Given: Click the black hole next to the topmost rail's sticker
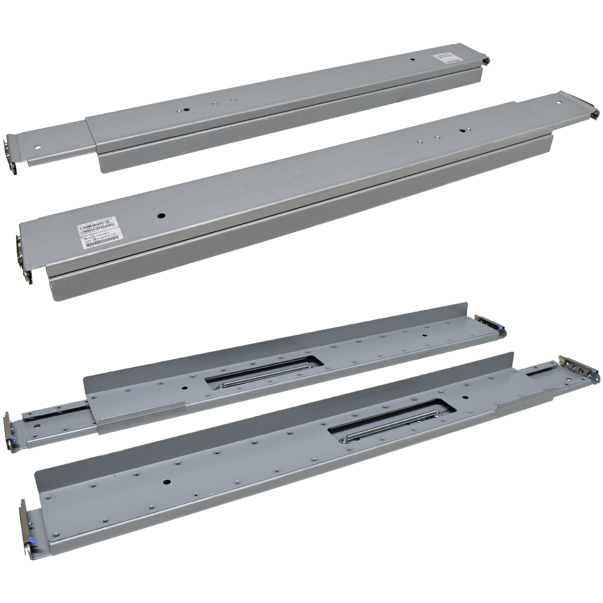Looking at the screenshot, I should click(x=413, y=60).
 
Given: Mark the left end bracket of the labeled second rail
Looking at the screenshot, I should click(x=24, y=259).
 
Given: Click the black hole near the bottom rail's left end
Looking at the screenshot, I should click(x=166, y=481).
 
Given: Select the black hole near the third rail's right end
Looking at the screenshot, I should click(x=425, y=335).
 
